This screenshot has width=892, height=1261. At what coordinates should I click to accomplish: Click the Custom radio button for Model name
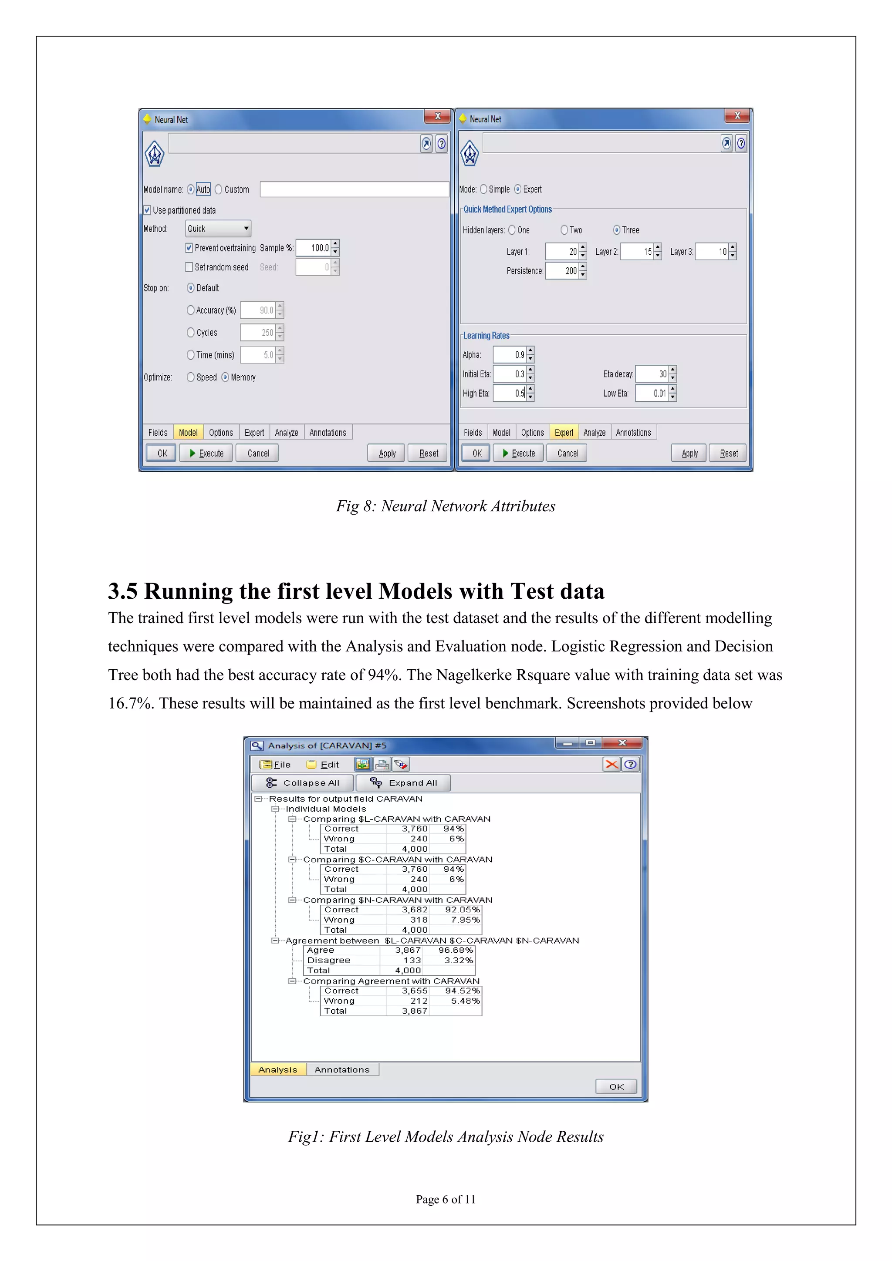click(219, 189)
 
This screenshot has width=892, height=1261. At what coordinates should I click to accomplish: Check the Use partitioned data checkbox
click(147, 210)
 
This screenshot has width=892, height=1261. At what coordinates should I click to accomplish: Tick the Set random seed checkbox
click(189, 267)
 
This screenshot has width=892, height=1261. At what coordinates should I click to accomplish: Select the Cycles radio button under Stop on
click(191, 333)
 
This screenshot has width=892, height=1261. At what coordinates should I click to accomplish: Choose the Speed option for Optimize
click(191, 378)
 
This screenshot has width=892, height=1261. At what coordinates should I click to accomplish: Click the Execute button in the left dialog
click(206, 453)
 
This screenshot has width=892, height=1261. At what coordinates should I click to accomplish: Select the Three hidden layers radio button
click(617, 230)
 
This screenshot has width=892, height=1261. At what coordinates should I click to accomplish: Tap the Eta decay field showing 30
click(652, 374)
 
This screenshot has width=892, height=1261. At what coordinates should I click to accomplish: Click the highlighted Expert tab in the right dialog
click(564, 433)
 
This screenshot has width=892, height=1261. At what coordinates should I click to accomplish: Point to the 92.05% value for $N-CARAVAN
click(462, 910)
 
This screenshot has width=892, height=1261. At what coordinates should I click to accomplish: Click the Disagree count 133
click(412, 960)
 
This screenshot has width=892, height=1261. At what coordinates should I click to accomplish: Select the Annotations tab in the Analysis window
click(341, 1069)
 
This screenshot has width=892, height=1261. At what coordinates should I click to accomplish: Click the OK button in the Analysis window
click(616, 1086)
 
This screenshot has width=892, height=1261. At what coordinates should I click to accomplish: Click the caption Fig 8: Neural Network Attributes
click(446, 506)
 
